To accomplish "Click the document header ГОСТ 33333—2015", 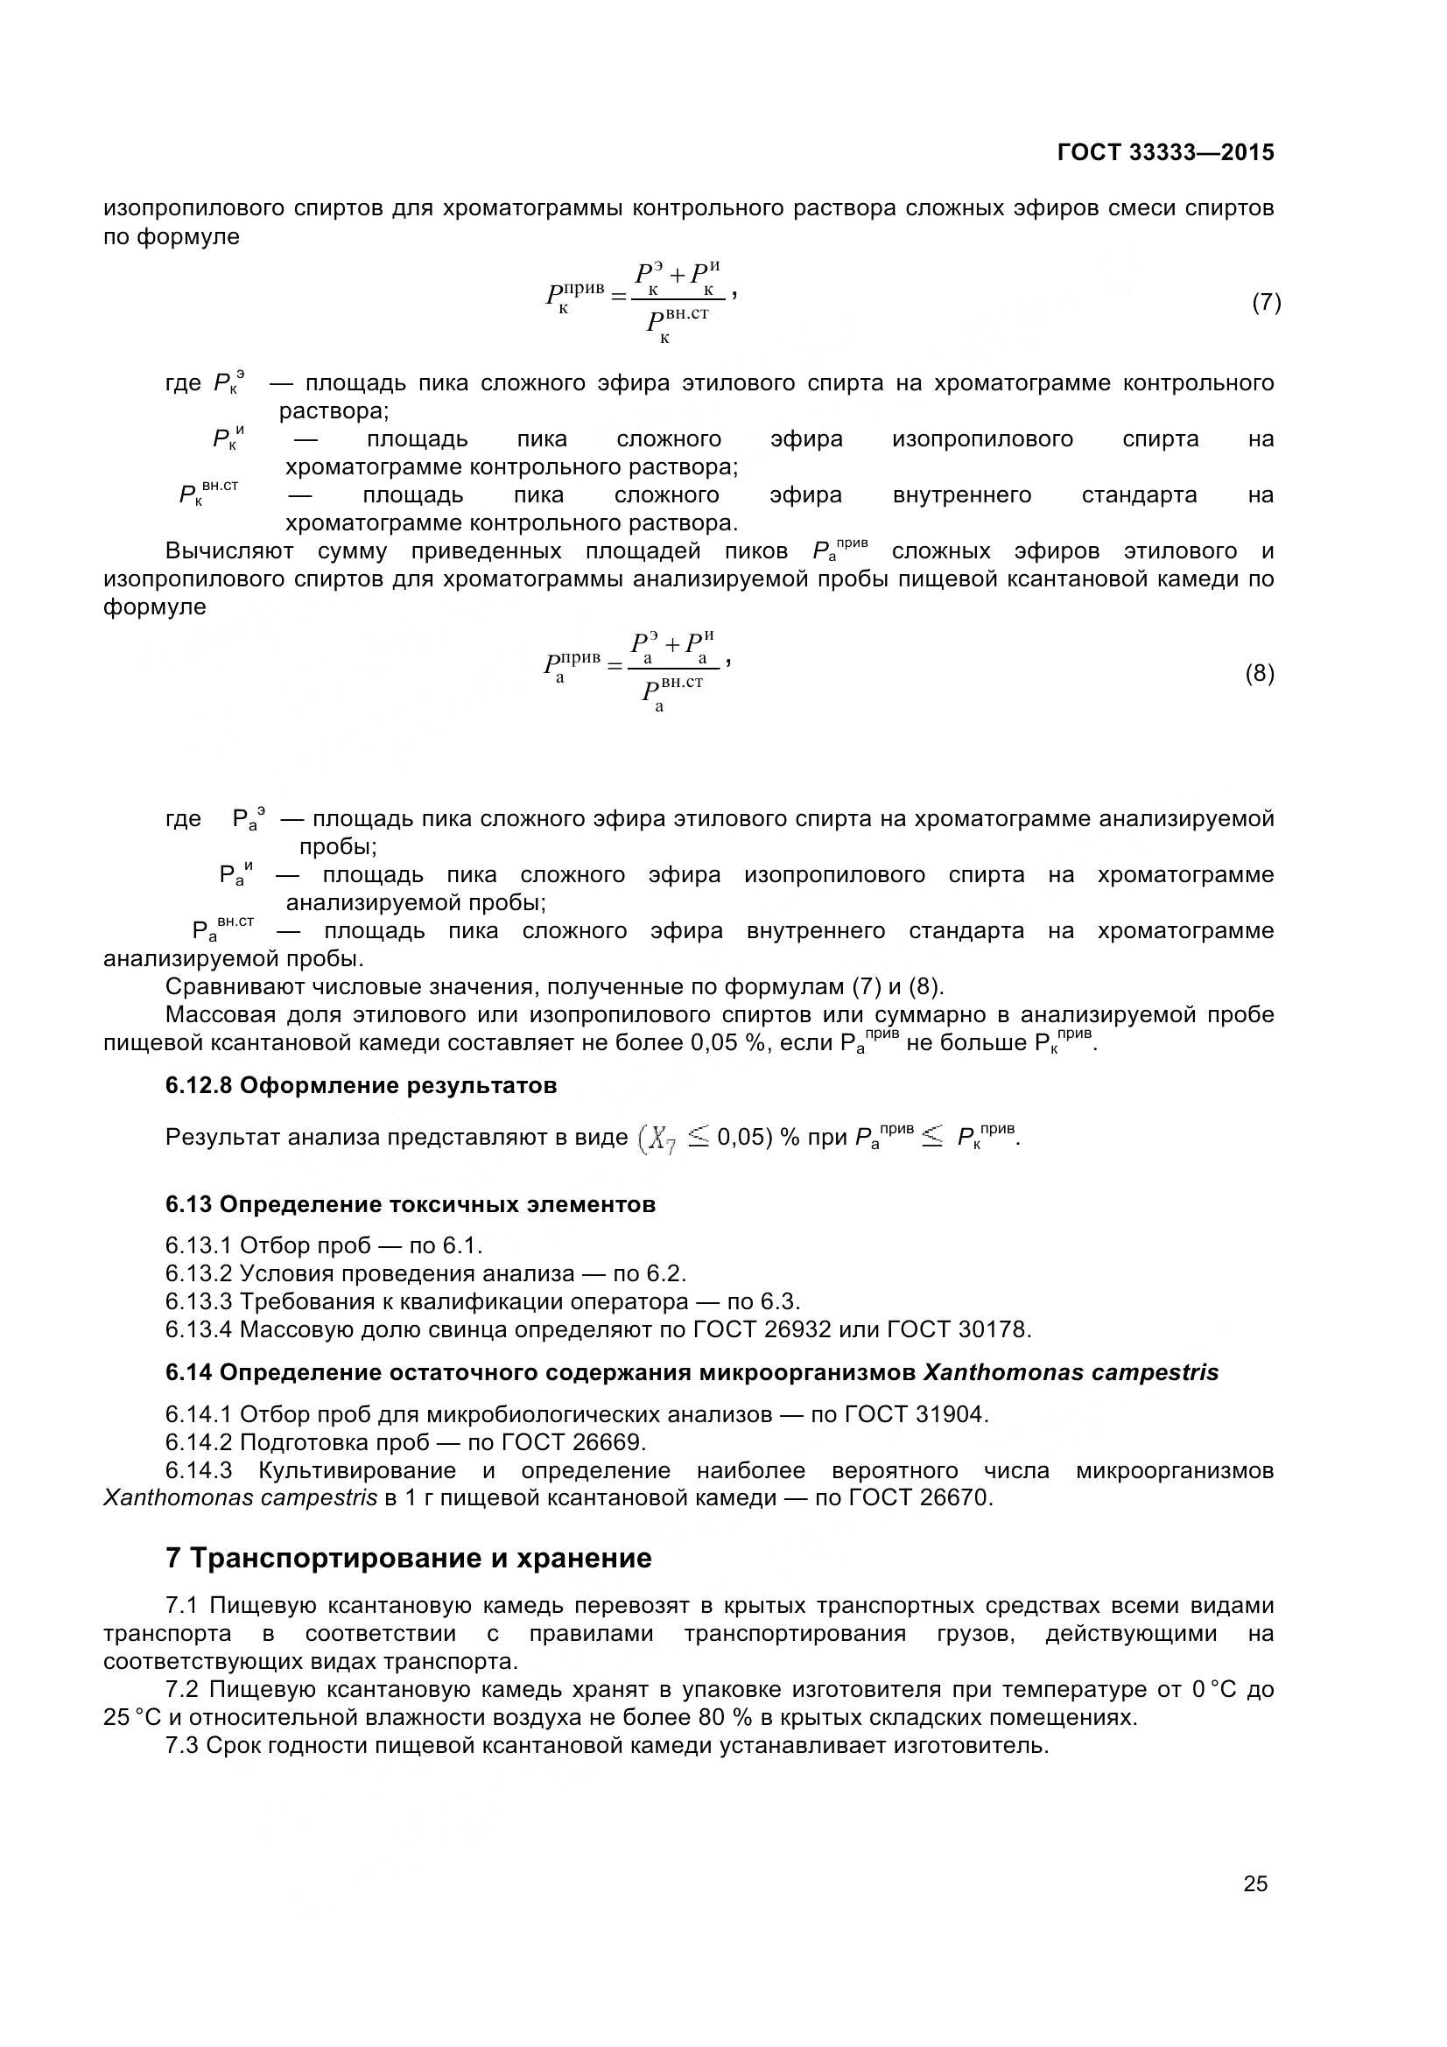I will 1165,152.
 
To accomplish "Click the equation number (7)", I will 1266,302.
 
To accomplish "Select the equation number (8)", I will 1259,673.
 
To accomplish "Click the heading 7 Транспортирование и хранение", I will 408,1559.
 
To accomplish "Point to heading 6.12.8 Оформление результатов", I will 361,1086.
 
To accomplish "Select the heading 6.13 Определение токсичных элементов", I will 411,1204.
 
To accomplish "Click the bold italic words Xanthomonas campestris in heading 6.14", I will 1071,1372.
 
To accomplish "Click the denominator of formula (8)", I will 673,694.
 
